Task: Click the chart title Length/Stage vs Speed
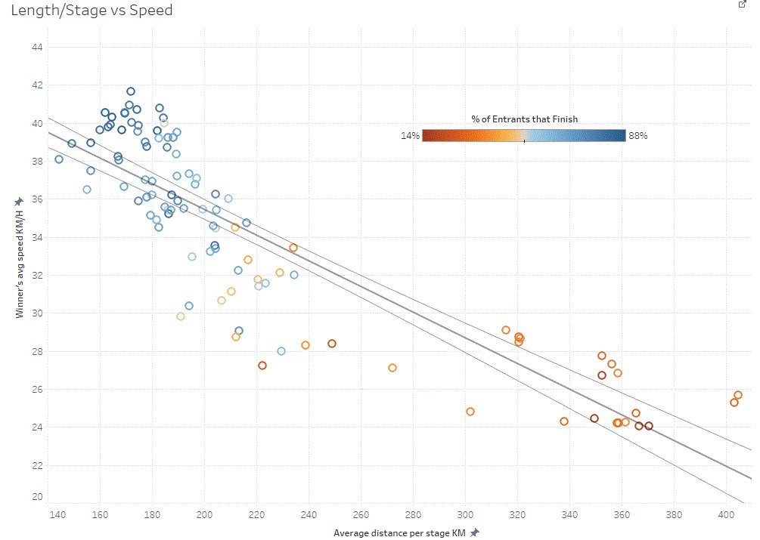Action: click(x=87, y=11)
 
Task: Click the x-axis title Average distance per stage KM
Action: click(x=400, y=533)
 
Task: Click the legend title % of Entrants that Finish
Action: click(x=524, y=119)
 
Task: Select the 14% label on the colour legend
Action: click(x=409, y=136)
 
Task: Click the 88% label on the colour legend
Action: click(x=638, y=136)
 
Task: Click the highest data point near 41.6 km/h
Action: click(x=131, y=91)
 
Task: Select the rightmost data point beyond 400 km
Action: click(x=738, y=395)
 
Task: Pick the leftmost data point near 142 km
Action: click(x=59, y=159)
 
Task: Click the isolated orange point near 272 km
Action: click(x=392, y=368)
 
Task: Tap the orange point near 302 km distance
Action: click(x=470, y=412)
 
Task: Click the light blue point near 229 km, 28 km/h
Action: click(x=281, y=351)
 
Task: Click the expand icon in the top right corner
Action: click(x=742, y=5)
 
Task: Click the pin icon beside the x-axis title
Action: click(x=474, y=533)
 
